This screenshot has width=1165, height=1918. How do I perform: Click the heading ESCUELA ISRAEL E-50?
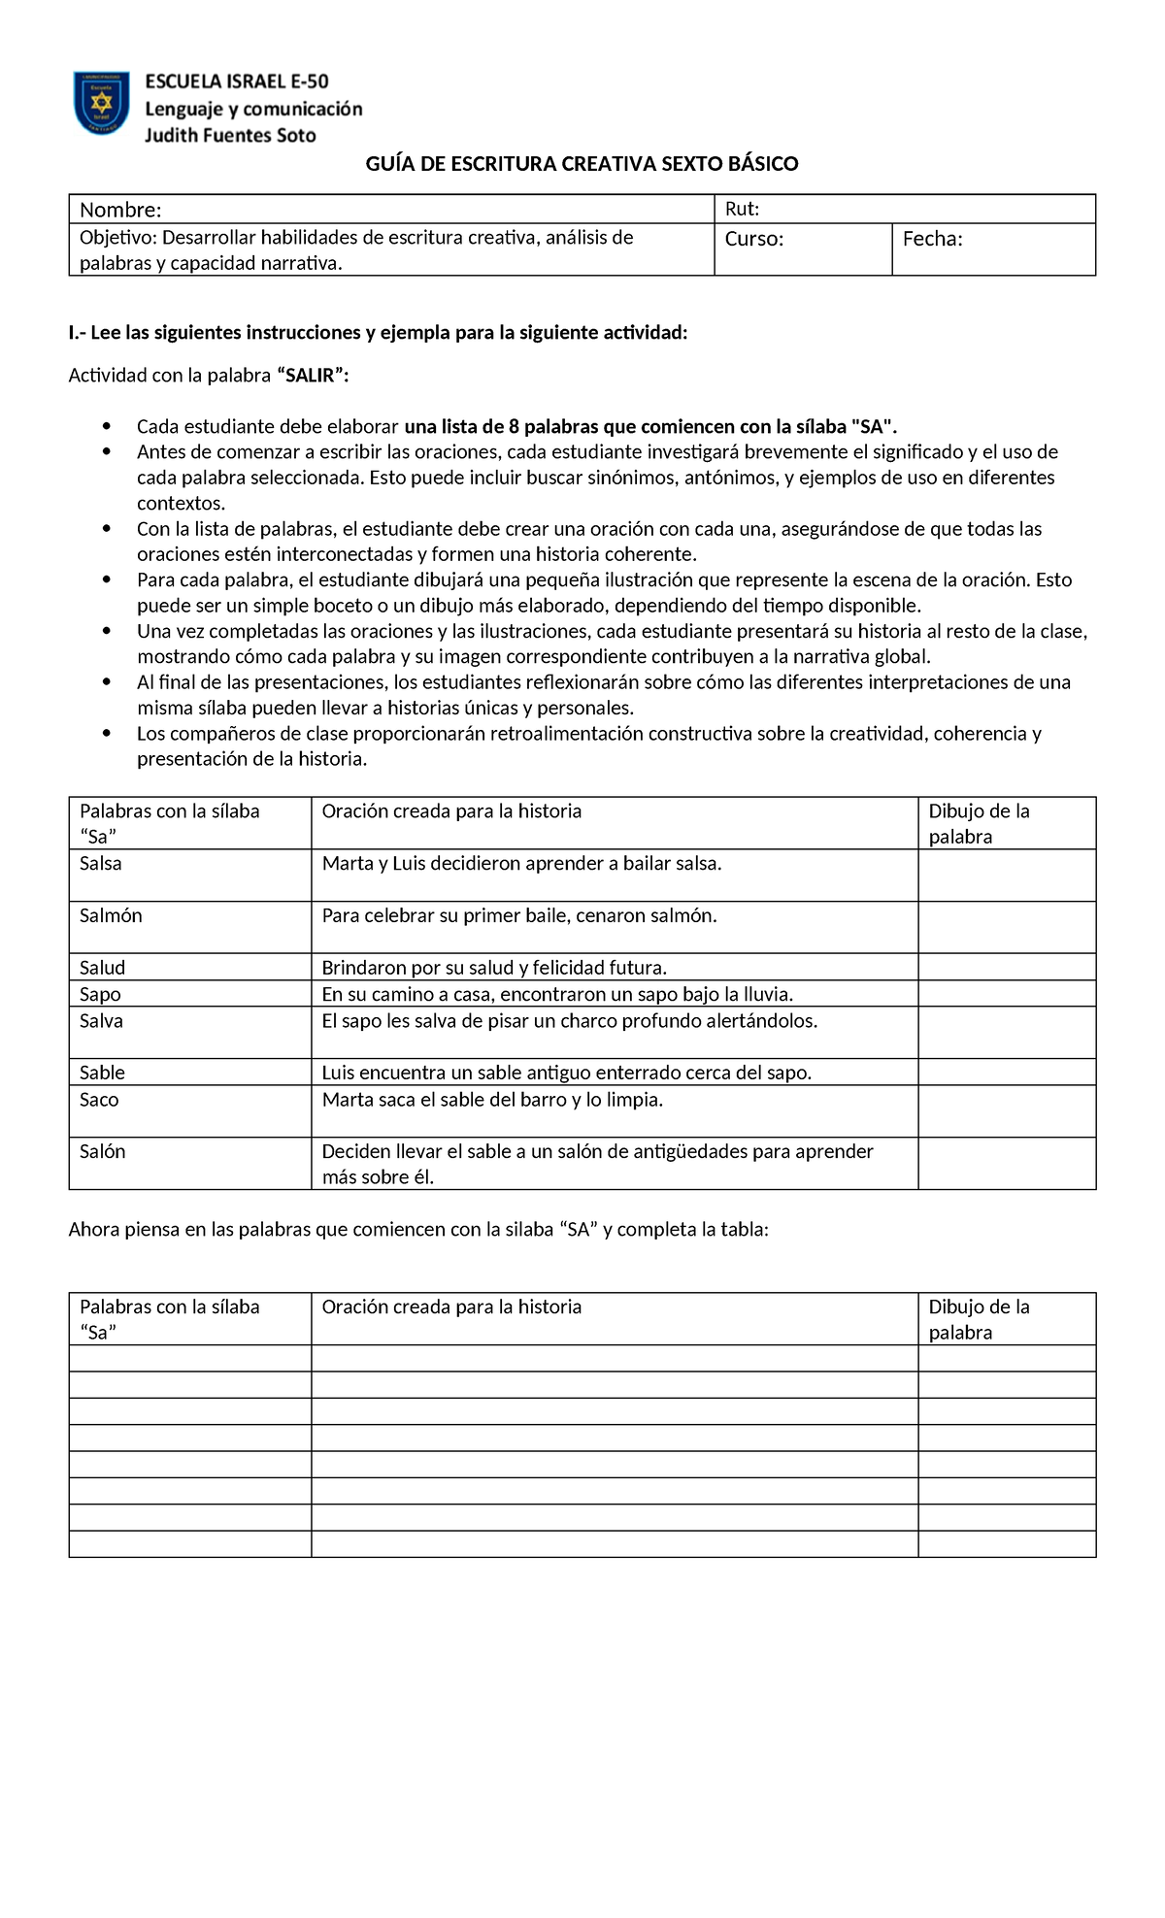(237, 83)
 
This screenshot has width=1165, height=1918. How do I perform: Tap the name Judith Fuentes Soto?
(230, 136)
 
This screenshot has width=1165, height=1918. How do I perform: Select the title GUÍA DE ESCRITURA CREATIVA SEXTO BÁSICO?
(582, 164)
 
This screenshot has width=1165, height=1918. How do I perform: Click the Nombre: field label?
(120, 210)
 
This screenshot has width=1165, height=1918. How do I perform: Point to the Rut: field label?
(742, 209)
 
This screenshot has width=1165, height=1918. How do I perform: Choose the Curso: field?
(754, 239)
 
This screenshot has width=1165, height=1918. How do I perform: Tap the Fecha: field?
(932, 239)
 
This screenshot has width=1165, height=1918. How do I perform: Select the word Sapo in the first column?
(100, 994)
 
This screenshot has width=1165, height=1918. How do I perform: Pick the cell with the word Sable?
(102, 1073)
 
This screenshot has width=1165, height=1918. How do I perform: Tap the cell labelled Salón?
(102, 1151)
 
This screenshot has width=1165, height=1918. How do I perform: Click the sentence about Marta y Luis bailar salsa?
(521, 863)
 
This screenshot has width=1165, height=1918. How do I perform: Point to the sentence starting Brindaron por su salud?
(494, 968)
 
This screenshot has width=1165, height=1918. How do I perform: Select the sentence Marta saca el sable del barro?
(492, 1100)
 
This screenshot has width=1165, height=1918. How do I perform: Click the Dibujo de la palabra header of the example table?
(979, 823)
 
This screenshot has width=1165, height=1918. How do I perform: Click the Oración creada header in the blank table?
(451, 1306)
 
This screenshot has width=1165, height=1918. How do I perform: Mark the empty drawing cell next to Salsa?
(1006, 875)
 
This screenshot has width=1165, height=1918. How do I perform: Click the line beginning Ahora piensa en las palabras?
(417, 1230)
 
